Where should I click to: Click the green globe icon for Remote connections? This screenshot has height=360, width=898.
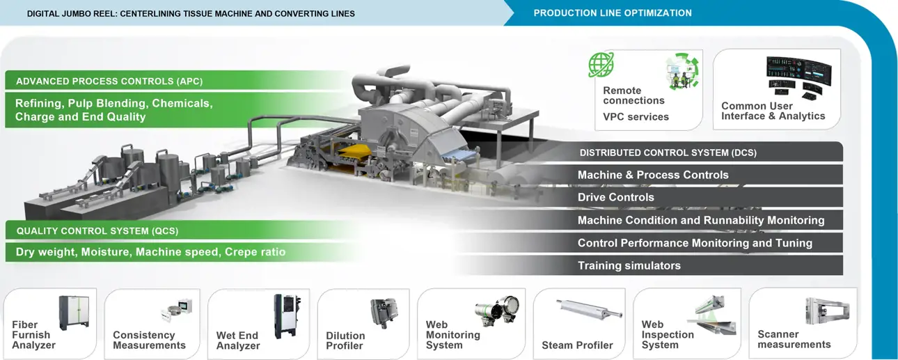click(x=601, y=65)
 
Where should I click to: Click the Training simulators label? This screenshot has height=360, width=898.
click(x=629, y=265)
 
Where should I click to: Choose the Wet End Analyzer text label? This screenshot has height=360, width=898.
click(x=237, y=341)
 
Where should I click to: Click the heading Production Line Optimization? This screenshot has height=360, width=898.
click(x=613, y=13)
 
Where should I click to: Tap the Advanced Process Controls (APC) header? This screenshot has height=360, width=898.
click(x=109, y=81)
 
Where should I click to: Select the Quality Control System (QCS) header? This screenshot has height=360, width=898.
click(x=102, y=230)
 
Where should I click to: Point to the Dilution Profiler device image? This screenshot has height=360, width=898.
click(x=383, y=314)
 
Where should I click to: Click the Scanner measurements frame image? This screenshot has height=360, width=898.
click(x=826, y=311)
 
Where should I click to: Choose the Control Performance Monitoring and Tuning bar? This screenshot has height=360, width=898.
click(x=695, y=243)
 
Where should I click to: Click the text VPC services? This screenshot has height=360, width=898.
click(x=636, y=117)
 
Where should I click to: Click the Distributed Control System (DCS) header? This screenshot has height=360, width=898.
click(x=668, y=152)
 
